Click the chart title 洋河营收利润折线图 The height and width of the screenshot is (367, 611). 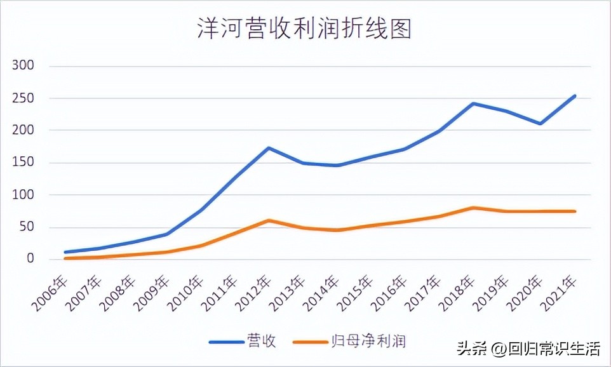304,29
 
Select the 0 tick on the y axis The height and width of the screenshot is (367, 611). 30,259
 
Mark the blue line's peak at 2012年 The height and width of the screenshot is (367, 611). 269,148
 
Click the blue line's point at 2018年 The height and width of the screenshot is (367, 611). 473,103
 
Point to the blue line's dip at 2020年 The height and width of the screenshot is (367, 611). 540,124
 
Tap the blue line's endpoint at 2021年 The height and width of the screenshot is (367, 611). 574,96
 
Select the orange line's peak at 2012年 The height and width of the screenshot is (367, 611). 269,220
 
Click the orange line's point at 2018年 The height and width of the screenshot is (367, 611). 473,208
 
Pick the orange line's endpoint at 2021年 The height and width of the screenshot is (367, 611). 574,211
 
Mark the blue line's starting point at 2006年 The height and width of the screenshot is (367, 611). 66,252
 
